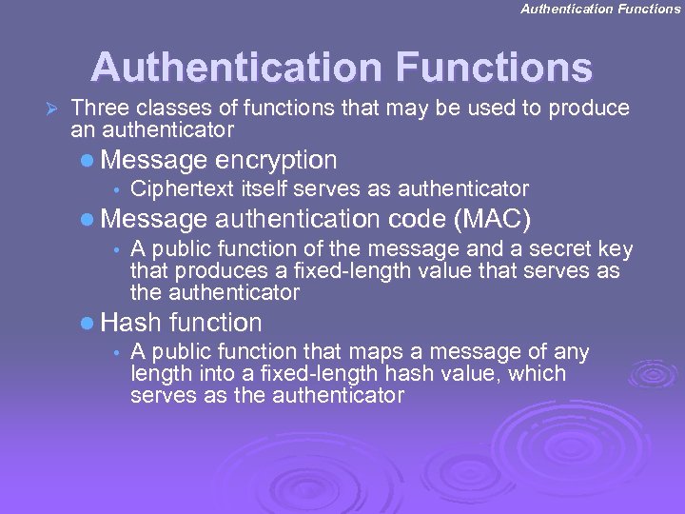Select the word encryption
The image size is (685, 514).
[276, 160]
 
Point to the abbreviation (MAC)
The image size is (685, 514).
[492, 220]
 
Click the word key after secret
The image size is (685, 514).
[615, 250]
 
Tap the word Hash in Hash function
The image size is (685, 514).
[129, 323]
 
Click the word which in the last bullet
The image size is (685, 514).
[538, 374]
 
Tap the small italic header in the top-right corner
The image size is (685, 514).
[600, 9]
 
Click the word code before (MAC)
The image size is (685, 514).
[419, 220]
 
